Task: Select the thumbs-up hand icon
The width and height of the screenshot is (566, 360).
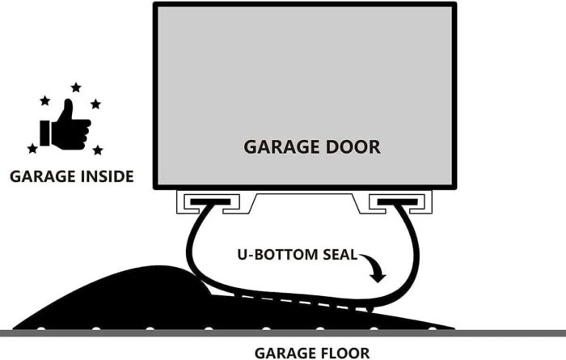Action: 65,125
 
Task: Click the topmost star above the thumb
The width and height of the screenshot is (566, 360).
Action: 76,87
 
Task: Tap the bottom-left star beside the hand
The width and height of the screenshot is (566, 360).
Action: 32,148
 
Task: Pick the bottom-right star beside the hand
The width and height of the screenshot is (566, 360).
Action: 98,150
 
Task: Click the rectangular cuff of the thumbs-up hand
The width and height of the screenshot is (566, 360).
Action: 44,133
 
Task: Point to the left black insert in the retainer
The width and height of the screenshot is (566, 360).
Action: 210,201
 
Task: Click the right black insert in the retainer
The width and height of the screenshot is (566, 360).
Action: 398,201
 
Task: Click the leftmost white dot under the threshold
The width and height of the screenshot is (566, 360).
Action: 41,328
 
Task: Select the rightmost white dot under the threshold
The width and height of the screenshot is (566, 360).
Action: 433,328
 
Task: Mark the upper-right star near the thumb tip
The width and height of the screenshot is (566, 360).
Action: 95,104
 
